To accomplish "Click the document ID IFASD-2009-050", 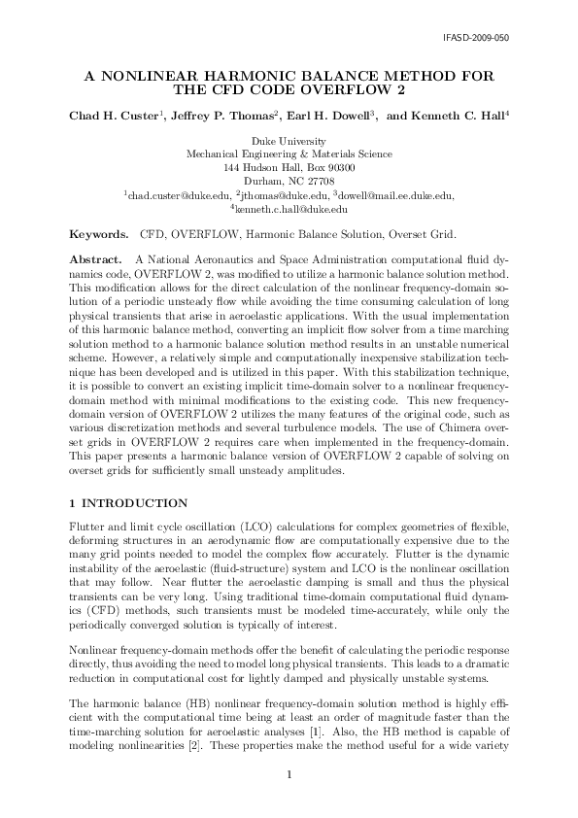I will coord(476,38).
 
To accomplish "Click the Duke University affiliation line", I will coord(289,142).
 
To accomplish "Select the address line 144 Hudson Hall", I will coord(289,168).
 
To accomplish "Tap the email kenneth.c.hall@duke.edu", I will coord(289,208).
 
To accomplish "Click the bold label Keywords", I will coord(98,235).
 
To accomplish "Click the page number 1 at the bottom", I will coord(289,773).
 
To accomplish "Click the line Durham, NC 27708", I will coord(289,182).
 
